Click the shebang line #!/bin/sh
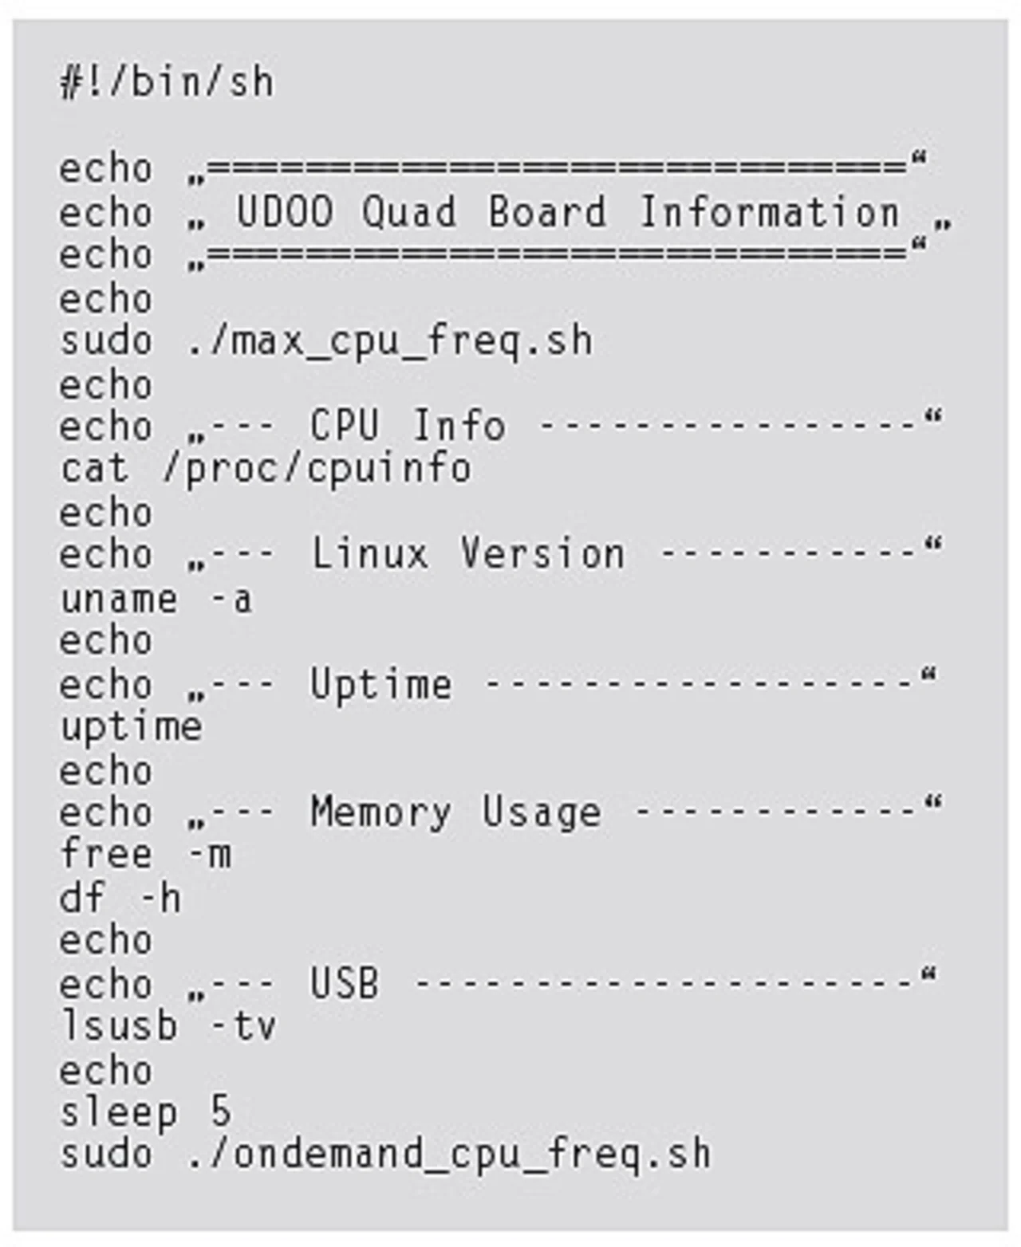(x=167, y=83)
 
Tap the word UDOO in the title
(x=285, y=212)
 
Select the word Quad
(x=409, y=212)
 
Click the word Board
(x=547, y=212)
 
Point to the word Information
(x=769, y=212)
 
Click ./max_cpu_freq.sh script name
(x=390, y=341)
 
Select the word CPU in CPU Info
(x=345, y=426)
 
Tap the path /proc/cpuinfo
(x=317, y=469)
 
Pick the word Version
(x=542, y=554)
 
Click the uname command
(x=119, y=599)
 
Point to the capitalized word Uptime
(x=380, y=685)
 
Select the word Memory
(x=380, y=812)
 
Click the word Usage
(x=541, y=812)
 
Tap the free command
(x=105, y=855)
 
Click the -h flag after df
(x=161, y=899)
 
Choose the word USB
(x=345, y=984)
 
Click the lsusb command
(x=119, y=1025)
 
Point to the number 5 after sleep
(x=221, y=1111)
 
